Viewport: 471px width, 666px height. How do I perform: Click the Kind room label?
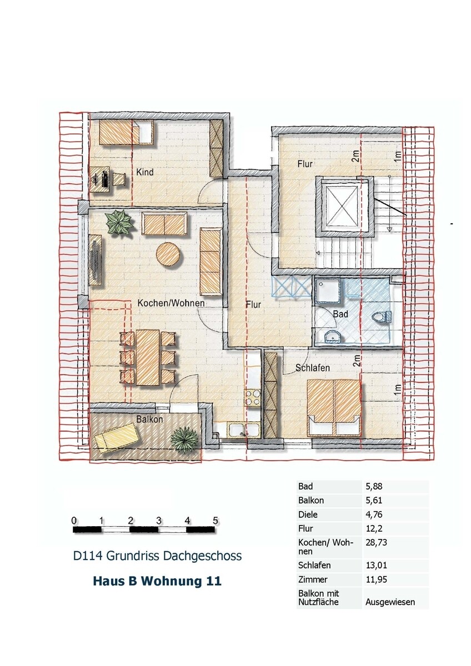coord(145,172)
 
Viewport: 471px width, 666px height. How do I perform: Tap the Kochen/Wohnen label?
coord(171,303)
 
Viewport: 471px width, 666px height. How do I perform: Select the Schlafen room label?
coord(312,368)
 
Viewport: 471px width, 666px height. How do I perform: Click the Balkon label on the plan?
coord(149,419)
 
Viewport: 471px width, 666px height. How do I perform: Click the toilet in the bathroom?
coord(382,317)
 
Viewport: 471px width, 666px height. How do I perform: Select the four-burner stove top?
coord(252,398)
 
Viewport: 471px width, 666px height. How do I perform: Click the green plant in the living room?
coord(119,223)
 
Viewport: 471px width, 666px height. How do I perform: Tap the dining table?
coord(148,357)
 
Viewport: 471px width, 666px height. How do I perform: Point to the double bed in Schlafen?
coord(334,406)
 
